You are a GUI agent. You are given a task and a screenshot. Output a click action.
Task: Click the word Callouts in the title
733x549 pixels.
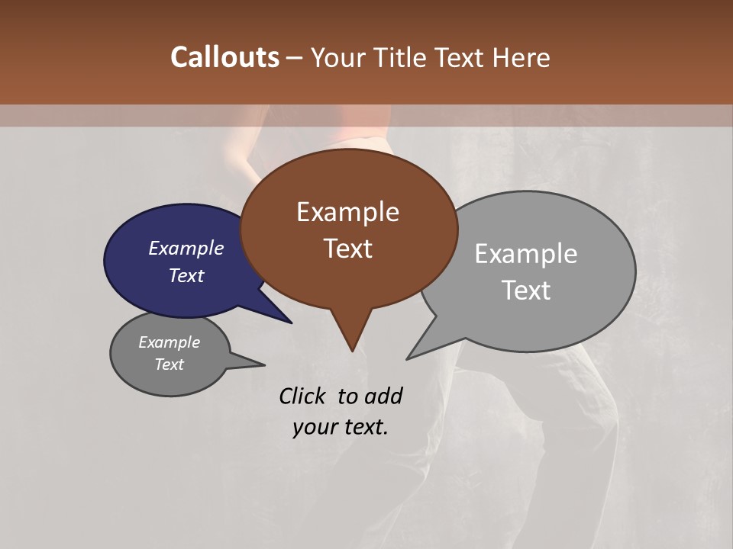click(224, 57)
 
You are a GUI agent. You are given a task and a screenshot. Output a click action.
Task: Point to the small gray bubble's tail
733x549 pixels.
click(260, 364)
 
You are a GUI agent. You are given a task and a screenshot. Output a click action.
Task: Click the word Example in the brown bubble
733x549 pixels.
click(347, 212)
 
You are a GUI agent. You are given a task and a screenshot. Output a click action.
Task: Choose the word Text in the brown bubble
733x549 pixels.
click(347, 249)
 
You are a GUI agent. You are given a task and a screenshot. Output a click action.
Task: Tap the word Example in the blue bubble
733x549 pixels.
click(186, 248)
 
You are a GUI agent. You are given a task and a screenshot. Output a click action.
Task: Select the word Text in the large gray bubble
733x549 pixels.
click(526, 291)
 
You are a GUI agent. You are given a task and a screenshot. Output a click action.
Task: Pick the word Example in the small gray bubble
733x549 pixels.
click(169, 342)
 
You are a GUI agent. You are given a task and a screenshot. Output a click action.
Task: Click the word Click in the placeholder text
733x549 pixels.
click(302, 396)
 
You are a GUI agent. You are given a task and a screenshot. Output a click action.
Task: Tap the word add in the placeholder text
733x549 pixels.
click(384, 396)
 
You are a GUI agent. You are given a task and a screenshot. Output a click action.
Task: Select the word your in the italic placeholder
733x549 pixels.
click(314, 428)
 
